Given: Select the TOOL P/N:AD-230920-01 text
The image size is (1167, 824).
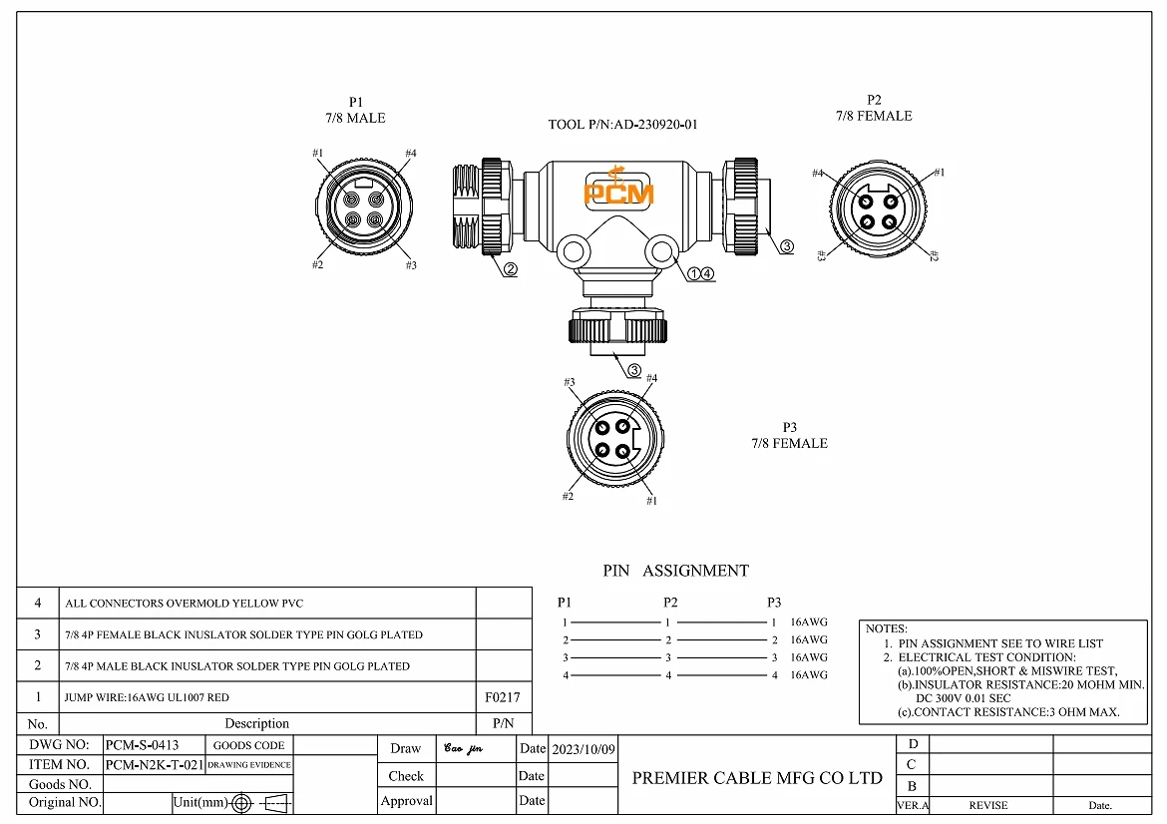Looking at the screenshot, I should pyautogui.click(x=622, y=125).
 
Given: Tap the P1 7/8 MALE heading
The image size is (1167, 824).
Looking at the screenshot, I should pyautogui.click(x=355, y=110).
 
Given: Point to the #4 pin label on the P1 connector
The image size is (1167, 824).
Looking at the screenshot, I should pyautogui.click(x=410, y=153).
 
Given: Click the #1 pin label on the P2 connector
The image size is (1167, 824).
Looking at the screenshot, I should pyautogui.click(x=939, y=173).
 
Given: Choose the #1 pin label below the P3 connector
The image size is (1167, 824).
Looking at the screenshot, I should pyautogui.click(x=651, y=500).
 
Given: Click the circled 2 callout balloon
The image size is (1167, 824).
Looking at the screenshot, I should pyautogui.click(x=510, y=269).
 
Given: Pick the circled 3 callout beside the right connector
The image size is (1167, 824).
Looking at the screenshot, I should pyautogui.click(x=787, y=246).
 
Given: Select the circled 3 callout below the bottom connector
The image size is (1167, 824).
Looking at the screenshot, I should pyautogui.click(x=634, y=370).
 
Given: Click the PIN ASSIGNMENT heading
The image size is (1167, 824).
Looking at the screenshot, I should pyautogui.click(x=675, y=571).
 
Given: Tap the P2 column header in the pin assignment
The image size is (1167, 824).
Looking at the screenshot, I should pyautogui.click(x=670, y=602).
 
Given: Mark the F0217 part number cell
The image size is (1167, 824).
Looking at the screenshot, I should pyautogui.click(x=502, y=697).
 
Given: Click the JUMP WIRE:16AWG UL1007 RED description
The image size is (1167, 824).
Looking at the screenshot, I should pyautogui.click(x=147, y=697).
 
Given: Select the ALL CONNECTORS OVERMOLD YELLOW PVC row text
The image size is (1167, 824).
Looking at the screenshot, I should pyautogui.click(x=184, y=604).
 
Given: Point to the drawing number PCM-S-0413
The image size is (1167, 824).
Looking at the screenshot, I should pyautogui.click(x=142, y=745).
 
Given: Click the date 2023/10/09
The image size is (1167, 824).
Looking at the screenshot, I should pyautogui.click(x=583, y=748).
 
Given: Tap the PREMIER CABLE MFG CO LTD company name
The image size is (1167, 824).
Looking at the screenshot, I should pyautogui.click(x=757, y=778).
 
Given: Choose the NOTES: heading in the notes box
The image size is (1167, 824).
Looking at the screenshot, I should pyautogui.click(x=886, y=628).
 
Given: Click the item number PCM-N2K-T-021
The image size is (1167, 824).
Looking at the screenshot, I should pyautogui.click(x=154, y=765).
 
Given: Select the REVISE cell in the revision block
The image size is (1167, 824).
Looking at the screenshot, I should pyautogui.click(x=988, y=805).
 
